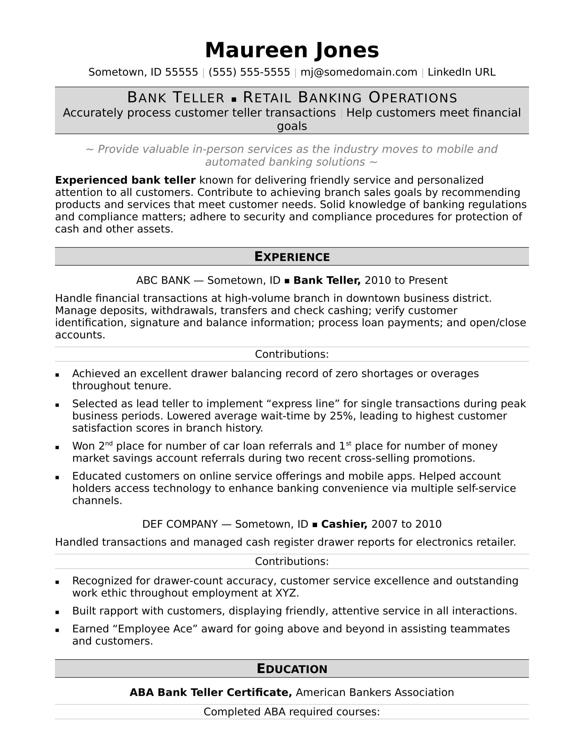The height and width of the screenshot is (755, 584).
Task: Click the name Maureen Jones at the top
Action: (x=292, y=50)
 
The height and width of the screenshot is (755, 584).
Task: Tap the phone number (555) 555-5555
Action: (x=249, y=72)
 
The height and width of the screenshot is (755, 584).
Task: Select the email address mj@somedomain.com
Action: (x=359, y=72)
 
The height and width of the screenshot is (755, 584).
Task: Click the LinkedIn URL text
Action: (x=461, y=72)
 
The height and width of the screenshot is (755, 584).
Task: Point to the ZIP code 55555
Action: (x=181, y=72)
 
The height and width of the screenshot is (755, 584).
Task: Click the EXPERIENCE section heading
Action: (x=292, y=256)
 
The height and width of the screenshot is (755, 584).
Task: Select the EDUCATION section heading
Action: (x=292, y=669)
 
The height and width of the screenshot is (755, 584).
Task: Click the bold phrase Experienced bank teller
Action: (x=125, y=180)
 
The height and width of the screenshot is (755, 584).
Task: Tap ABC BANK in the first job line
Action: (x=163, y=280)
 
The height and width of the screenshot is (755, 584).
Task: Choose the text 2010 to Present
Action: (x=406, y=280)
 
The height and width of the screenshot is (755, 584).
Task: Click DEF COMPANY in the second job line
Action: (x=180, y=524)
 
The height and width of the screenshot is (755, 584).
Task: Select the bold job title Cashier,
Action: (x=344, y=524)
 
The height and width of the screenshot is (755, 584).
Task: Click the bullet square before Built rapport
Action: (x=57, y=612)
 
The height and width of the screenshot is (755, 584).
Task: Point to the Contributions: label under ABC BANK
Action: (x=292, y=355)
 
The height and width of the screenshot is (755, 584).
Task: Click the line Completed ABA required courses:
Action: (x=292, y=712)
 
